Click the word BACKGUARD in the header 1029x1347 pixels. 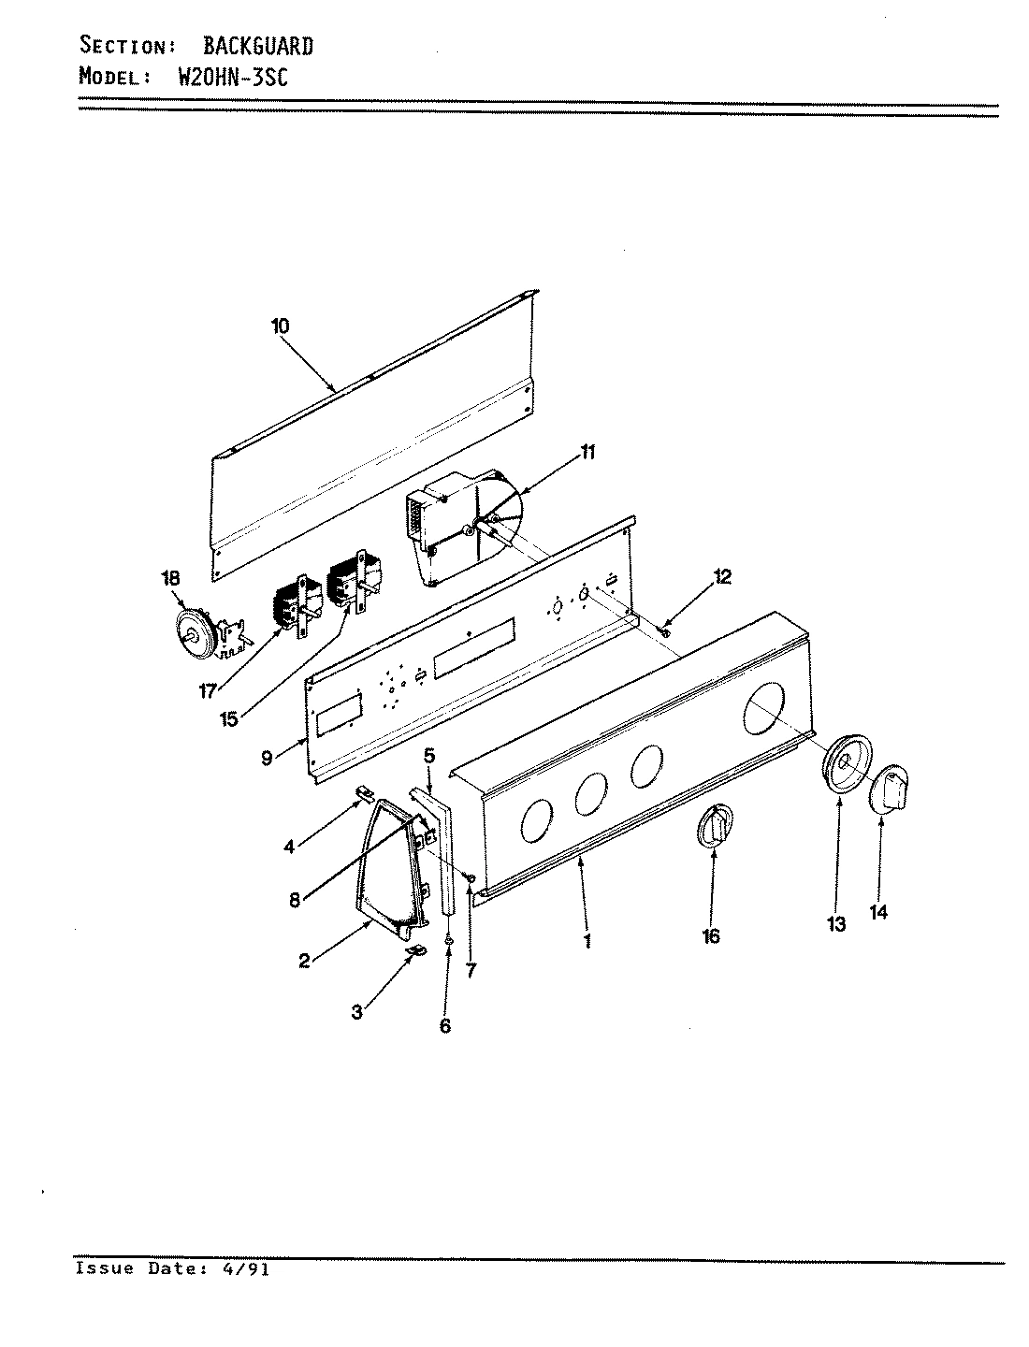(x=258, y=46)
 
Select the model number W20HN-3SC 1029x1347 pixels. (x=232, y=78)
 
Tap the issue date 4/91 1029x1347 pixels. (x=250, y=1269)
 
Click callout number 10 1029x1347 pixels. (x=280, y=326)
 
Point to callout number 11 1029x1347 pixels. (x=587, y=453)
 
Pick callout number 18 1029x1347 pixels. (x=171, y=578)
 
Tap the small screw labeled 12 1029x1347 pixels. (x=665, y=633)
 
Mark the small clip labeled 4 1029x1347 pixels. (x=366, y=795)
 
